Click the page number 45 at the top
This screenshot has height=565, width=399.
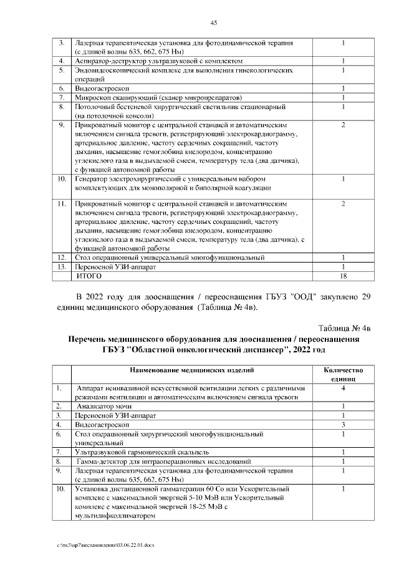tap(213, 22)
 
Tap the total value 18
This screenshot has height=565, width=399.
tap(343, 275)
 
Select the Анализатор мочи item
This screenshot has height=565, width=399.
tap(100, 405)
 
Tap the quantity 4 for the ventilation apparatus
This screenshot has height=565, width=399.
tap(343, 388)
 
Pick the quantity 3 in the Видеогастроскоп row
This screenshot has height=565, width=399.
tap(343, 423)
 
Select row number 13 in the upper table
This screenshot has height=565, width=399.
tap(62, 266)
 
